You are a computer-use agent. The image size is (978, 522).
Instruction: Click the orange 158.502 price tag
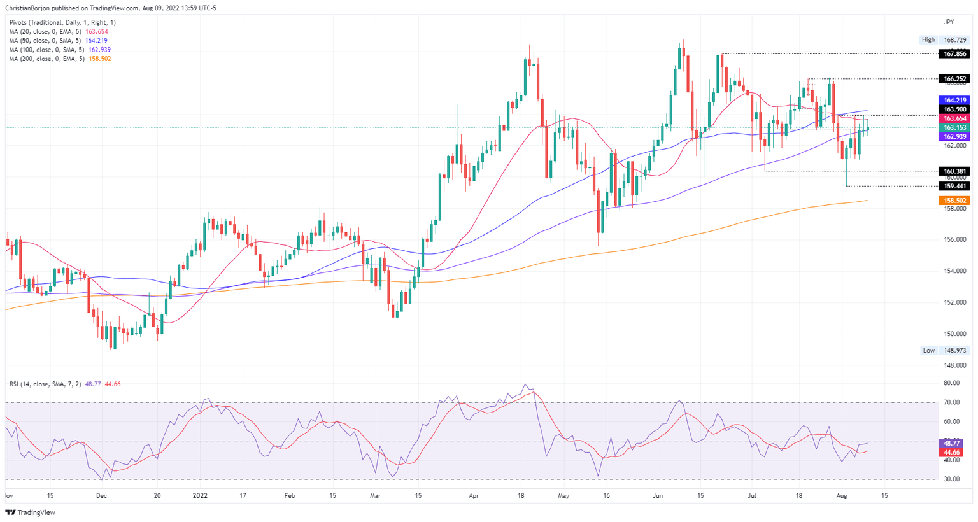pos(955,201)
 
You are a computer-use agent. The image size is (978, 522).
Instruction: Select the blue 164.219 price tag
pos(955,101)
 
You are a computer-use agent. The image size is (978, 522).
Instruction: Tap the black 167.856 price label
pos(955,54)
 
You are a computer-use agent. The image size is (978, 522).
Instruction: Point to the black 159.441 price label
pos(955,187)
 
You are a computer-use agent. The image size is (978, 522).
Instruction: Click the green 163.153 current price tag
pos(955,128)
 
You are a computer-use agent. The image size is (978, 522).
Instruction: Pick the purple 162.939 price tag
pos(955,137)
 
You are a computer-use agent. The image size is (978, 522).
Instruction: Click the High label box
pos(928,39)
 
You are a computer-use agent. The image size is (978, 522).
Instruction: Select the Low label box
pos(929,351)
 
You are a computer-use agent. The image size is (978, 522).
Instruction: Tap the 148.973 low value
pos(955,351)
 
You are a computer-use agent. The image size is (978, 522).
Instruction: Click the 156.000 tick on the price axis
pos(955,240)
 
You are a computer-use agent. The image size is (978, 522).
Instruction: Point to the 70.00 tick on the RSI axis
pos(952,402)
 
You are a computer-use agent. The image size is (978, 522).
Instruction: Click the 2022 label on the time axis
pos(201,495)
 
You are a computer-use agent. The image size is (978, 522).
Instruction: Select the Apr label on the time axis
pos(473,495)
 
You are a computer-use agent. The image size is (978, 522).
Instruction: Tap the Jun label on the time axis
pos(658,495)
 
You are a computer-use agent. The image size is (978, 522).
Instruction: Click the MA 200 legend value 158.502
pos(99,59)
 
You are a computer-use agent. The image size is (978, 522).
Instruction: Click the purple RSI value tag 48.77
pos(952,443)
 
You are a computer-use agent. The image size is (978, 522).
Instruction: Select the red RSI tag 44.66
pos(952,453)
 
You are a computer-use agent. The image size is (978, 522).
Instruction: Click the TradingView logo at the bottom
pos(30,512)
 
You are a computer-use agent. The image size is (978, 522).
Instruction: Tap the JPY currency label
pos(949,22)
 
